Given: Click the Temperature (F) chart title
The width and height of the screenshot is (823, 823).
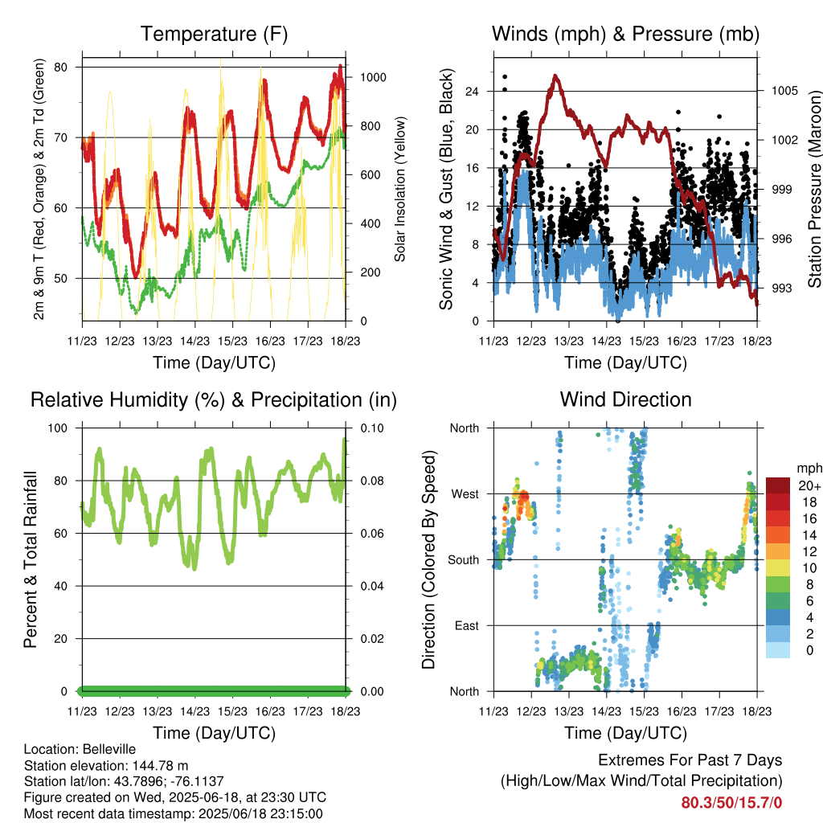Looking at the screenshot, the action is tap(214, 34).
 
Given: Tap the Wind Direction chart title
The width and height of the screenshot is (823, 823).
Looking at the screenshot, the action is tap(625, 399).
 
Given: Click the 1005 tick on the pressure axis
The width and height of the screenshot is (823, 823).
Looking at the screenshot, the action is tap(784, 91).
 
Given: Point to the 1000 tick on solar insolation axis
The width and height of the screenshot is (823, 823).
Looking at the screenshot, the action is tap(373, 77).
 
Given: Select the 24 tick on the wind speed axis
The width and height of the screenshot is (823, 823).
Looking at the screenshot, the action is tap(472, 92).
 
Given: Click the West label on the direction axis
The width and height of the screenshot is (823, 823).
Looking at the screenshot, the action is tap(465, 494).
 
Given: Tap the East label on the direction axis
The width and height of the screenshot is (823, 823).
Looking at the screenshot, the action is tap(467, 625).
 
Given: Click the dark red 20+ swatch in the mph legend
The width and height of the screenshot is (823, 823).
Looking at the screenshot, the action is tap(778, 485).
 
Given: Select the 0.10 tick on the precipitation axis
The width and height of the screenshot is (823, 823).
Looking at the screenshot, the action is tap(372, 428).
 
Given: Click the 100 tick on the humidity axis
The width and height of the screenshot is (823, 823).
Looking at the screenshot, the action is tap(58, 428).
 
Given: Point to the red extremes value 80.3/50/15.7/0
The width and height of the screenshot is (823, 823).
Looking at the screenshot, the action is tap(731, 803).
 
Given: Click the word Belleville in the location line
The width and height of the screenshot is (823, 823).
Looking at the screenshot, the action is tap(109, 749).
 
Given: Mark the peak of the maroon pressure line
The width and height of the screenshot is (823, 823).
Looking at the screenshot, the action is tap(555, 76).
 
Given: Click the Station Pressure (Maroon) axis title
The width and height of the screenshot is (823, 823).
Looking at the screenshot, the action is tap(814, 189).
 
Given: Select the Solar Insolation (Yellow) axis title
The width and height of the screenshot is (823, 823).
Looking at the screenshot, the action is tap(400, 189).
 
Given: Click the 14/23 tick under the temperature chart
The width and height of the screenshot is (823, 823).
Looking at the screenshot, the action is tap(194, 341).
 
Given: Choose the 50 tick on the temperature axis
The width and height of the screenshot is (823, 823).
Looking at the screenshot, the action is tap(61, 279).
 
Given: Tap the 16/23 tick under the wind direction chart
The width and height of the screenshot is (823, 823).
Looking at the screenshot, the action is tap(682, 711).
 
